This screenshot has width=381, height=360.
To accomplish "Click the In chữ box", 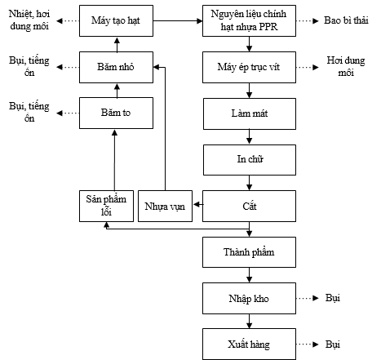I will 251,158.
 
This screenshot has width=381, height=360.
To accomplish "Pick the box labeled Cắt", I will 251,204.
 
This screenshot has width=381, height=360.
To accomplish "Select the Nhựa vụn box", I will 164,205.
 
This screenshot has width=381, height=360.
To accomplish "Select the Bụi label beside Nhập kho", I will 334,297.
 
